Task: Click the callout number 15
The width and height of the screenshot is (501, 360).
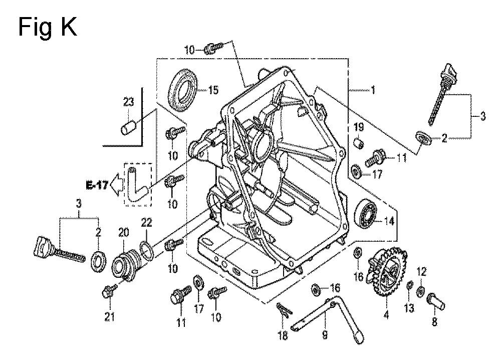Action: click(x=199, y=90)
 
